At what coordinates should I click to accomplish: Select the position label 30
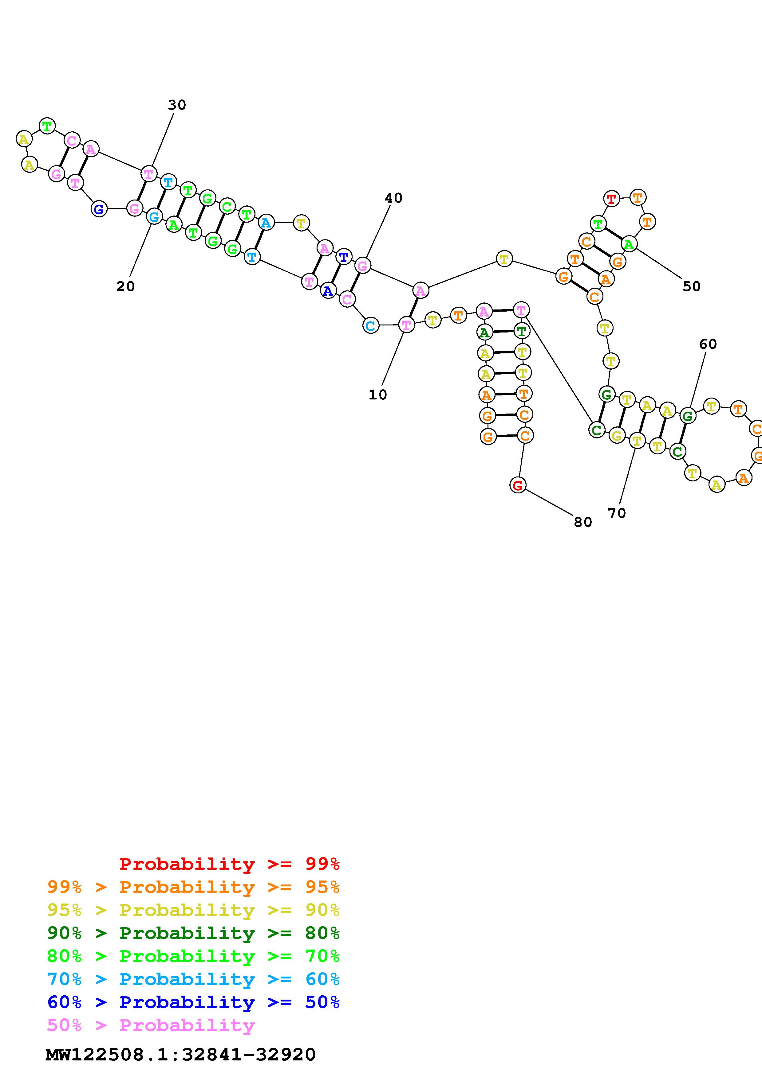[x=177, y=105]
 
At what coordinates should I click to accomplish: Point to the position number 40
[x=393, y=198]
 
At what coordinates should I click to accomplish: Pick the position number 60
[x=708, y=344]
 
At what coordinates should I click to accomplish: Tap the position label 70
[x=617, y=513]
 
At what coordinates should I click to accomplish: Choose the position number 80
[x=583, y=522]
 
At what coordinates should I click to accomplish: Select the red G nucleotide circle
[x=517, y=485]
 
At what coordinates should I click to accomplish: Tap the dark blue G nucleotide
[x=99, y=209]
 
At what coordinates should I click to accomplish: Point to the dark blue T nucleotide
[x=344, y=257]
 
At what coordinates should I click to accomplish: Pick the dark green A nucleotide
[x=484, y=332]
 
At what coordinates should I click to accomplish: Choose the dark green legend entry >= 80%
[x=193, y=933]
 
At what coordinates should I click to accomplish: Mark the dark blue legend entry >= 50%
[x=193, y=1002]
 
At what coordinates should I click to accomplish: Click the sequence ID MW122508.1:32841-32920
[x=181, y=1055]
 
